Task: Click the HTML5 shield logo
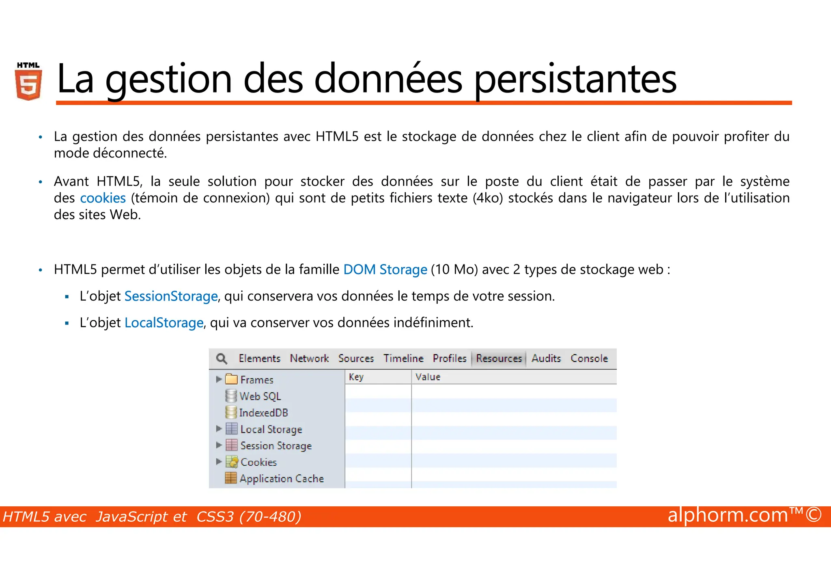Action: click(x=28, y=82)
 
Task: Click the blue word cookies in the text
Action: click(x=103, y=198)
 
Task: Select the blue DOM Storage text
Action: click(x=385, y=269)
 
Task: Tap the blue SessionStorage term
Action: click(x=171, y=296)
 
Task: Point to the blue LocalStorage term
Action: click(x=164, y=323)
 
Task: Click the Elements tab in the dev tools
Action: click(x=259, y=359)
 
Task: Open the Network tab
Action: click(x=309, y=359)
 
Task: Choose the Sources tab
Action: click(x=356, y=359)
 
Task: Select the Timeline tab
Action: click(x=403, y=359)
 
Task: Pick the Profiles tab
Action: click(x=450, y=359)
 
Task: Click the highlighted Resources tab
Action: click(x=499, y=359)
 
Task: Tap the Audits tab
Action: click(x=546, y=359)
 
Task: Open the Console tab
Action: click(x=589, y=359)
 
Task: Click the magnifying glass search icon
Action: click(x=222, y=359)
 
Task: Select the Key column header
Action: click(x=356, y=377)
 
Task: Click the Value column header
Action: click(x=428, y=377)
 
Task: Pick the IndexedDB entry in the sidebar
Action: click(x=263, y=413)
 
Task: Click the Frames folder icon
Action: click(x=231, y=379)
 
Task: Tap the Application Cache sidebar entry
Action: click(x=281, y=479)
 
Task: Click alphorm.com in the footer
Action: click(x=728, y=515)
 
